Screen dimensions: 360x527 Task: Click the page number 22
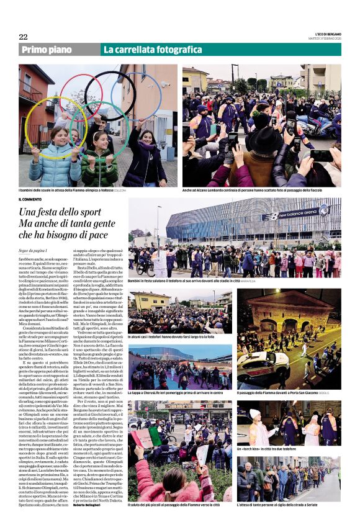23,37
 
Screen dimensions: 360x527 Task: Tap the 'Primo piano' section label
47,50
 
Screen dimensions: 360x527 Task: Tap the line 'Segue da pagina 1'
32,250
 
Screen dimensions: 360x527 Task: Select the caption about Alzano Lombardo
261,191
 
